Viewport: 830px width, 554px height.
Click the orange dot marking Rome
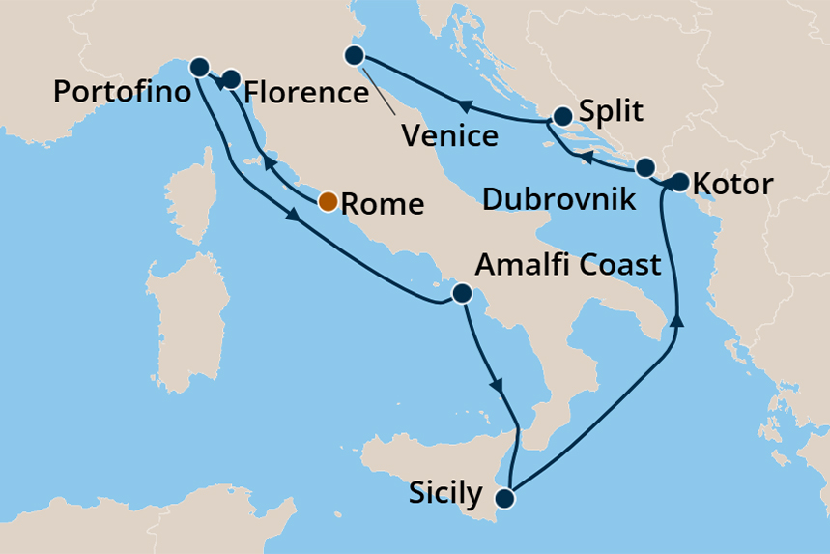pyautogui.click(x=329, y=201)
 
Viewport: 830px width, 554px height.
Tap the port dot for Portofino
pyautogui.click(x=199, y=67)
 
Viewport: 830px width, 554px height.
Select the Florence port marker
pyautogui.click(x=231, y=78)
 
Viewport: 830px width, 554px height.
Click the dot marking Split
pyautogui.click(x=563, y=116)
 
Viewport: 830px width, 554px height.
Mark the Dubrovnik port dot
pyautogui.click(x=645, y=166)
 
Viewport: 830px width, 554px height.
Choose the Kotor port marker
pyautogui.click(x=679, y=181)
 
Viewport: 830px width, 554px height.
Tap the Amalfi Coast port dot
pyautogui.click(x=462, y=293)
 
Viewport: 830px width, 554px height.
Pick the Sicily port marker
pyautogui.click(x=504, y=499)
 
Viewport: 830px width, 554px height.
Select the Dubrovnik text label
pyautogui.click(x=558, y=200)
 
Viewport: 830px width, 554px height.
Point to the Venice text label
pyautogui.click(x=450, y=134)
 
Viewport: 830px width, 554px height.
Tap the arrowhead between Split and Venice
pyautogui.click(x=463, y=105)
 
